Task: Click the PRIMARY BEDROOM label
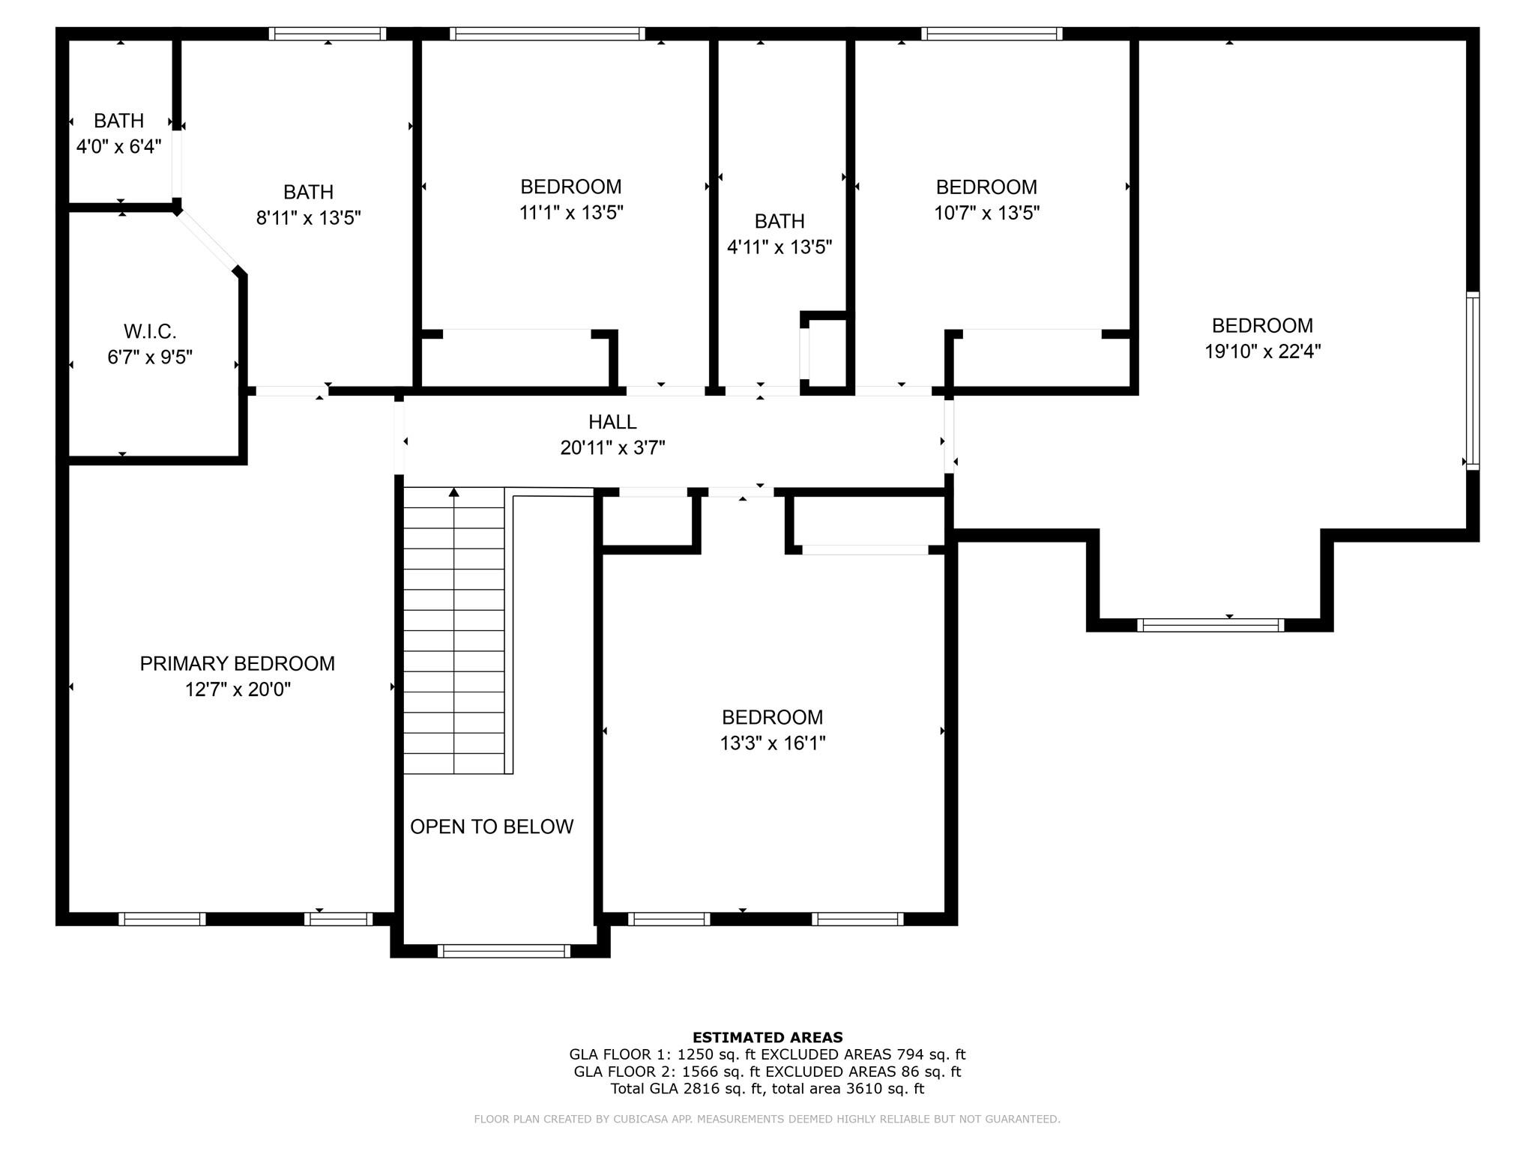click(237, 663)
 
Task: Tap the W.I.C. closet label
click(150, 331)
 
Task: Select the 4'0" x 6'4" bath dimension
click(119, 146)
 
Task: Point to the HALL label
click(612, 422)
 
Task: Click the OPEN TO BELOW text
click(492, 827)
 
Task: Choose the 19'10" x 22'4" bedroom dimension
click(1262, 351)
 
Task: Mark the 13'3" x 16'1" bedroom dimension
click(773, 743)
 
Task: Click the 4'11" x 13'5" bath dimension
click(779, 247)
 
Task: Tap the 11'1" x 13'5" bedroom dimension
click(571, 213)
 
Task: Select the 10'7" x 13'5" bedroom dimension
click(986, 213)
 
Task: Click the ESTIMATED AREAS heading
click(767, 1038)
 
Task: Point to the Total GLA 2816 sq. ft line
click(767, 1089)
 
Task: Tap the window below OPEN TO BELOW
click(504, 951)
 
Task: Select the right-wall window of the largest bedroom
click(1473, 381)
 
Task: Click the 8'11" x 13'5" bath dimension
click(309, 218)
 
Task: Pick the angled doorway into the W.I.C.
click(208, 241)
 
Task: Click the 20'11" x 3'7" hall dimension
click(613, 448)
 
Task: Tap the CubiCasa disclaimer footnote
click(767, 1120)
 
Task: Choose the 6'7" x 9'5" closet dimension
click(150, 357)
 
